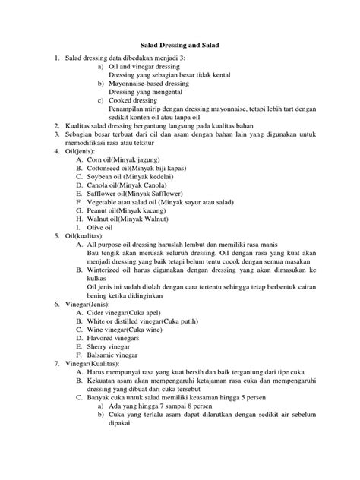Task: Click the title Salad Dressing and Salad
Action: tap(179, 46)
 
